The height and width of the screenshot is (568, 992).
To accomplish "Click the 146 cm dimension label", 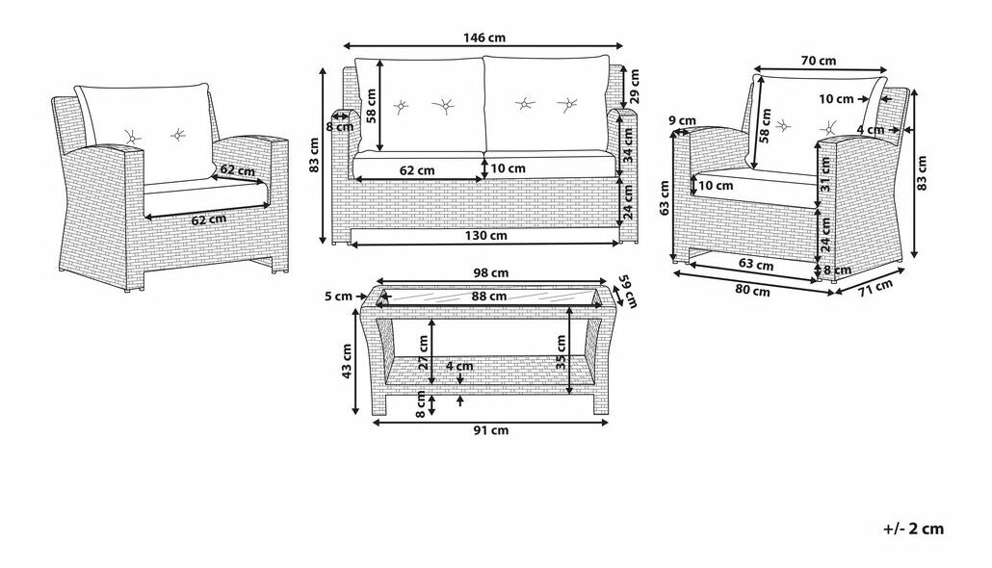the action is point(484,38).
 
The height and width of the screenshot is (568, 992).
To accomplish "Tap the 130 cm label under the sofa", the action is point(485,236).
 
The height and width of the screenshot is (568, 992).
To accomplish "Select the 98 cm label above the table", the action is point(491,273).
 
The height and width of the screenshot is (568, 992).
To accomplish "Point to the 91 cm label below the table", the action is point(491,430).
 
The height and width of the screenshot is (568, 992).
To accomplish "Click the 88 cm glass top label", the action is point(489,296).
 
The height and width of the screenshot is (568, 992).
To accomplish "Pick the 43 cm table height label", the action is point(347,361).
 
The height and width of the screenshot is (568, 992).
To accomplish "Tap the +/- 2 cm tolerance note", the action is point(914,529).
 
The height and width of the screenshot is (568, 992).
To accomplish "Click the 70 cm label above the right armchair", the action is point(819,61).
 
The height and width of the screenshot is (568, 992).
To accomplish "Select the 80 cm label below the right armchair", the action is point(753,291).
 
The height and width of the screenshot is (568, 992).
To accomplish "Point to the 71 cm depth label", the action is point(875,287).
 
